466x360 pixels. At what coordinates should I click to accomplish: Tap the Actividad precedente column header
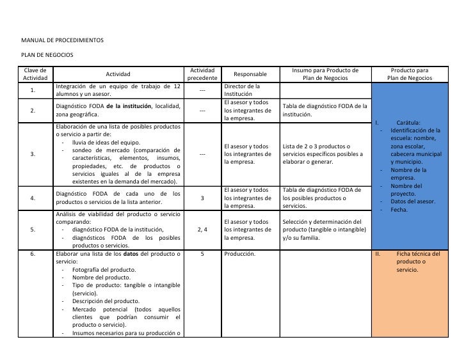pyautogui.click(x=202, y=74)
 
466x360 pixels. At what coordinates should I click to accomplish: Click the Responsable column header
pyautogui.click(x=250, y=74)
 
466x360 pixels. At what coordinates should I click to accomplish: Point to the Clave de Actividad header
pyautogui.click(x=36, y=74)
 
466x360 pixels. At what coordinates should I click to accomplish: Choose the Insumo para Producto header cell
pyautogui.click(x=325, y=74)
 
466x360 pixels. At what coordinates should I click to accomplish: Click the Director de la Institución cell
pyautogui.click(x=242, y=90)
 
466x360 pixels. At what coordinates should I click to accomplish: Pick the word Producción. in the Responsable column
pyautogui.click(x=240, y=254)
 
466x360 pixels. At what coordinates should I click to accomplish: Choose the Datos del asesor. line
pyautogui.click(x=413, y=201)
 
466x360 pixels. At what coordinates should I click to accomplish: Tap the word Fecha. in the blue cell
pyautogui.click(x=400, y=210)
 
